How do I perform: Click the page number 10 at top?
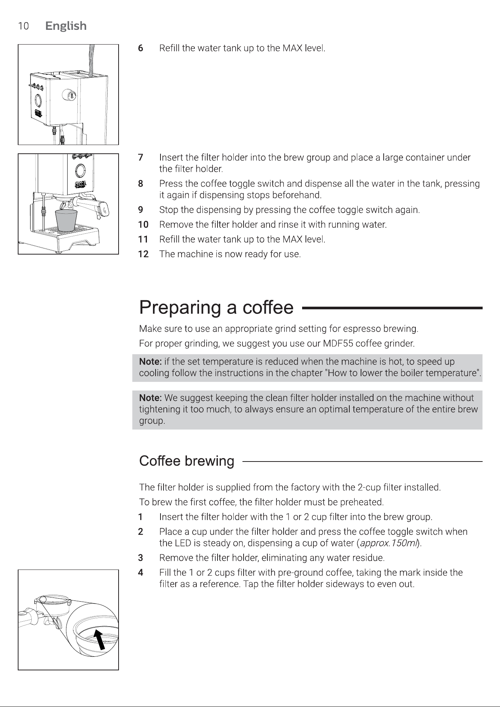pyautogui.click(x=23, y=26)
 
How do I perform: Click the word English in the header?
pyautogui.click(x=66, y=26)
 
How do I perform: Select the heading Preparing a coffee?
pyautogui.click(x=216, y=308)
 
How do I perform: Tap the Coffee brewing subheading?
pyautogui.click(x=187, y=461)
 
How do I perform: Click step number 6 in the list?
pyautogui.click(x=140, y=48)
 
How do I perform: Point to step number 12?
pyautogui.click(x=143, y=254)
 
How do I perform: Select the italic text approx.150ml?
pyautogui.click(x=389, y=543)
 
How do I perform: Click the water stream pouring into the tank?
pyautogui.click(x=91, y=61)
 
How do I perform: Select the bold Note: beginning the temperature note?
pyautogui.click(x=151, y=362)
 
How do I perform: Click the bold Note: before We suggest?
pyautogui.click(x=151, y=398)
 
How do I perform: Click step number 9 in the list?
pyautogui.click(x=140, y=210)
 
